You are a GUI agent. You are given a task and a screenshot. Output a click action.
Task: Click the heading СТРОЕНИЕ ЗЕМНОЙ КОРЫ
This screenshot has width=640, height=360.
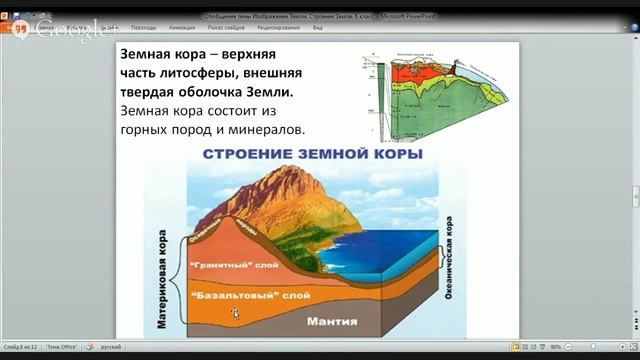[x=313, y=156]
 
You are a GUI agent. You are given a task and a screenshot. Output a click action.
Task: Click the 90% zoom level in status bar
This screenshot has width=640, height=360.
[x=555, y=346]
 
